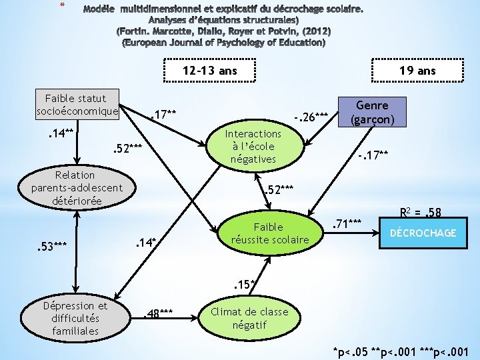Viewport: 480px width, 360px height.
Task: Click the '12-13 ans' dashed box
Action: [x=210, y=70]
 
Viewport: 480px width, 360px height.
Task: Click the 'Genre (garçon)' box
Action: [x=372, y=113]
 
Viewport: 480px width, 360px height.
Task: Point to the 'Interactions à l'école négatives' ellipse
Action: [x=253, y=146]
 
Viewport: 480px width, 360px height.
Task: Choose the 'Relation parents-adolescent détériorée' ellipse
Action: [x=77, y=187]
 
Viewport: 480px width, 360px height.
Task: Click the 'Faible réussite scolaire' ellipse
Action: [x=270, y=233]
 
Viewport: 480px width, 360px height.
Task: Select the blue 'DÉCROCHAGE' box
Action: [x=423, y=233]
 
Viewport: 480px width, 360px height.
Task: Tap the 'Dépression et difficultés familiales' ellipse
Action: [x=75, y=318]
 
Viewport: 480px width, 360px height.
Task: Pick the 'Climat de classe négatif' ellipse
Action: [x=249, y=318]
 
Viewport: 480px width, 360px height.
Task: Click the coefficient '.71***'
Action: [x=347, y=222]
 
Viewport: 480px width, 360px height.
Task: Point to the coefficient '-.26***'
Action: [x=311, y=116]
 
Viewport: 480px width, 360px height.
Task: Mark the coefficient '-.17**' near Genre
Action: [x=372, y=156]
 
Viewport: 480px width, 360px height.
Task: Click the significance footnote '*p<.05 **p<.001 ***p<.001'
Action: [x=405, y=351]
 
